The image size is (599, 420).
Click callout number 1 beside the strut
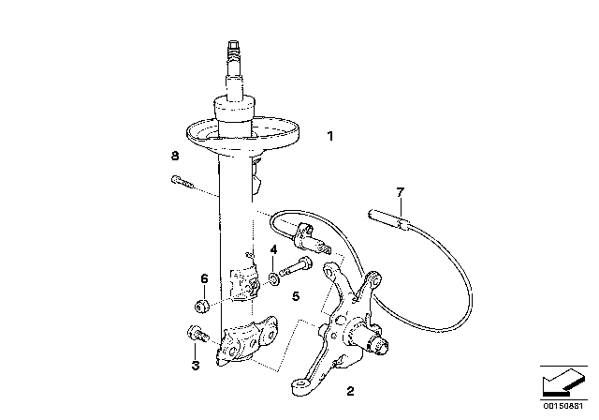pyautogui.click(x=329, y=136)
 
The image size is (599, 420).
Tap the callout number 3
pyautogui.click(x=195, y=367)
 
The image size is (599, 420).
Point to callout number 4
pyautogui.click(x=272, y=249)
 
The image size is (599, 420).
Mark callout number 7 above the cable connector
pyautogui.click(x=400, y=193)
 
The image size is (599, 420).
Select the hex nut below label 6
pyautogui.click(x=201, y=306)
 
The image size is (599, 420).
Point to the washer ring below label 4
pyautogui.click(x=272, y=277)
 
